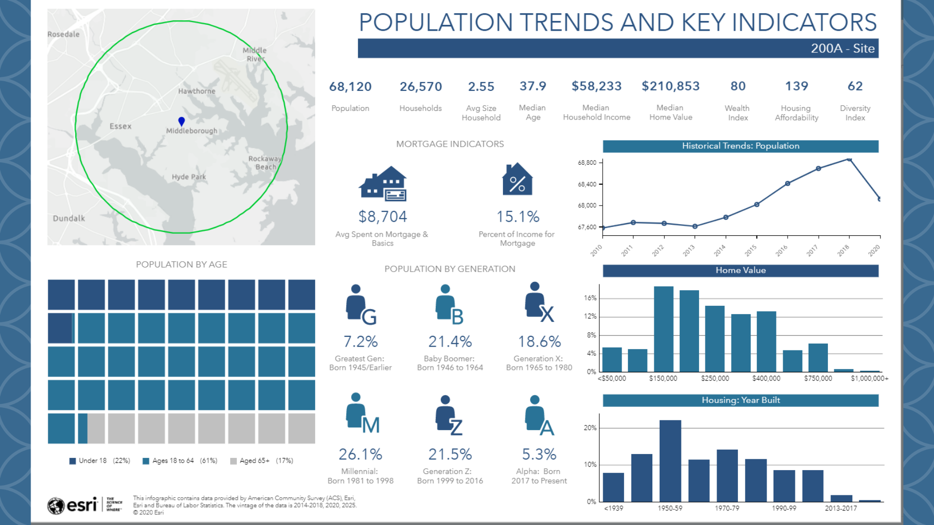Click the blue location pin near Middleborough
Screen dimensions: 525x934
tap(181, 121)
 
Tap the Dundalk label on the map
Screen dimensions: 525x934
tap(69, 218)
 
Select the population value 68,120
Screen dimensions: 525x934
tap(350, 87)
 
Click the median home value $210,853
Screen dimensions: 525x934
tap(670, 86)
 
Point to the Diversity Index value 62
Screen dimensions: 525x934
tap(855, 86)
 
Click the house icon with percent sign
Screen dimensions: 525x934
tap(517, 179)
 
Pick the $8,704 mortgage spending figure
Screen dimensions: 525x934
tap(382, 216)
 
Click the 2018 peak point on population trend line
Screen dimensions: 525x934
tap(849, 159)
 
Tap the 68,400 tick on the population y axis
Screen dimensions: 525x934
tap(587, 184)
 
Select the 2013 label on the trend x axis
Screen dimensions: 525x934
tap(689, 250)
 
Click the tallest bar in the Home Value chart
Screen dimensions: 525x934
tap(664, 329)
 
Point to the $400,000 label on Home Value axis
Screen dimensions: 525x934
tap(766, 378)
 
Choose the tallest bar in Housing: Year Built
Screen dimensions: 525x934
tap(670, 460)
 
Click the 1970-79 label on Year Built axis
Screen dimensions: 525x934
tap(727, 508)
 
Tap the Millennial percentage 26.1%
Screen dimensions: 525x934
tap(360, 454)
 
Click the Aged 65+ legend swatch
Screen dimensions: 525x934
tap(233, 461)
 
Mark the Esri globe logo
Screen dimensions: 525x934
tap(56, 506)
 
